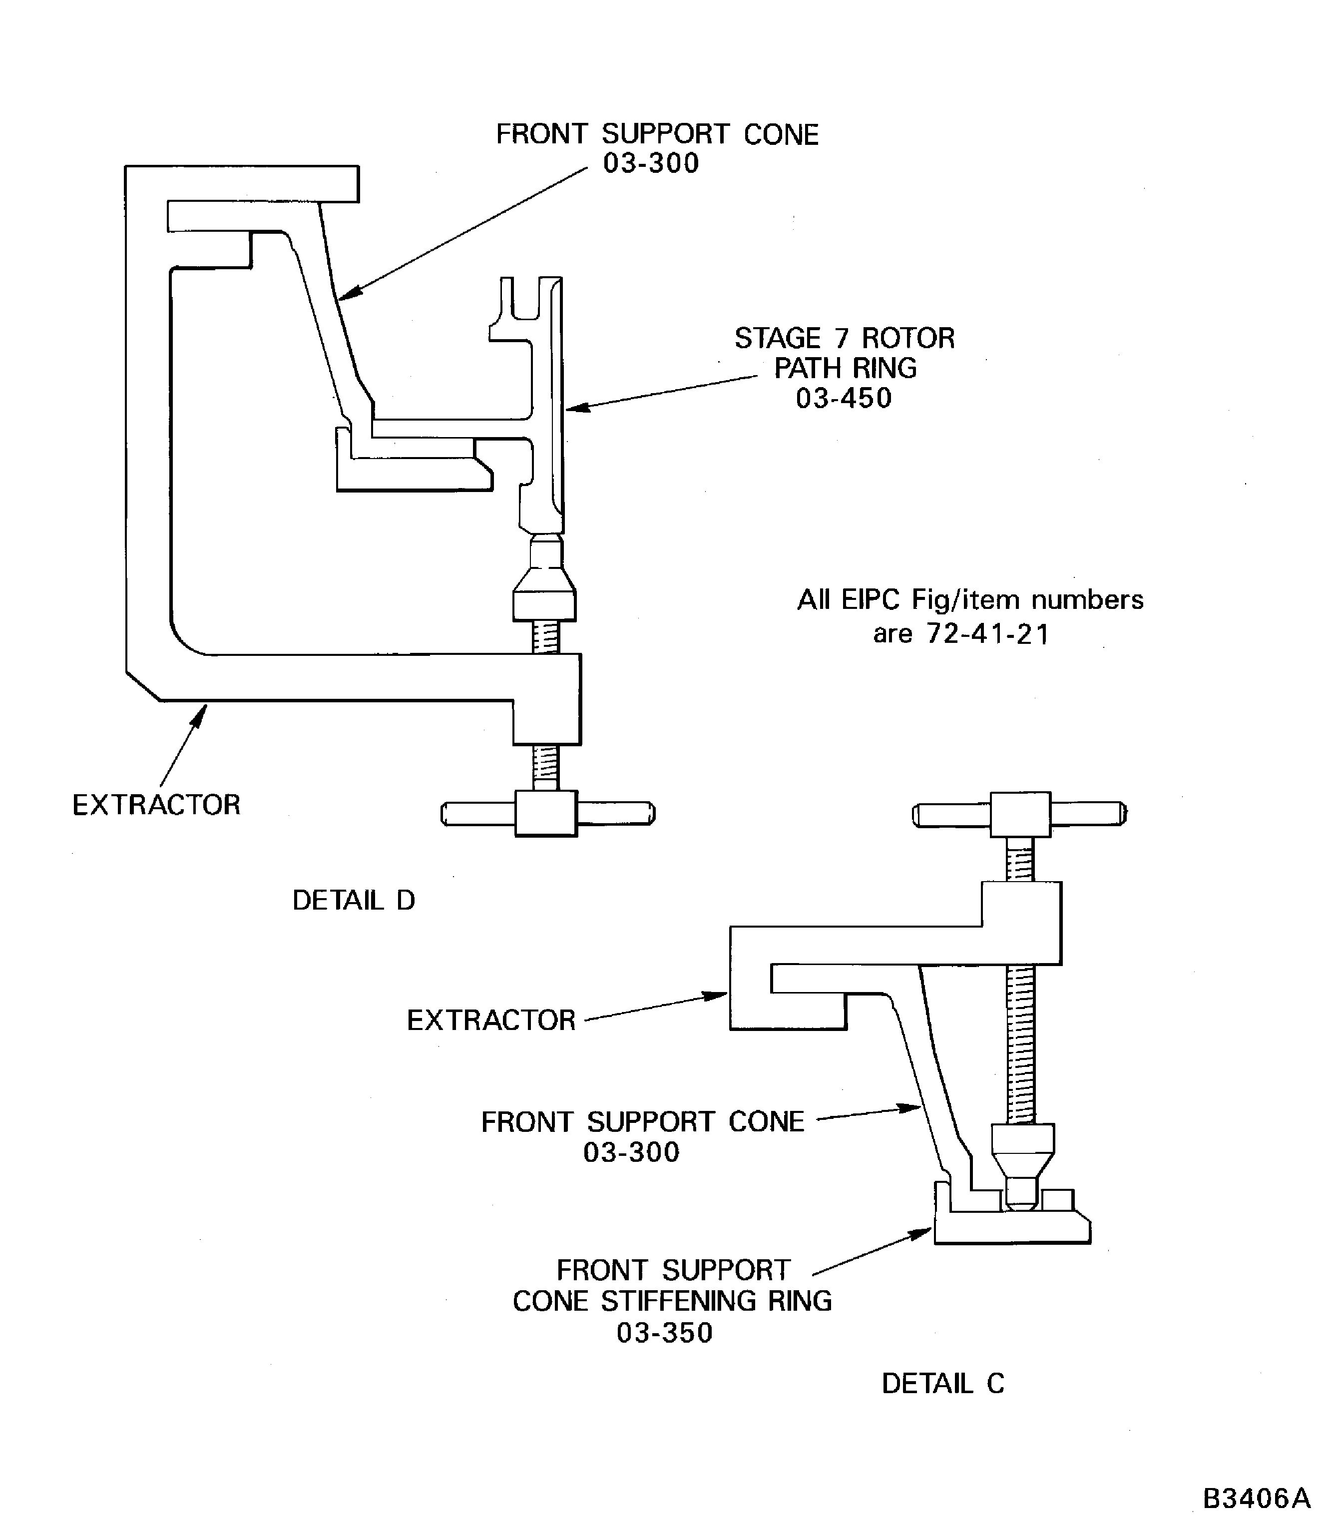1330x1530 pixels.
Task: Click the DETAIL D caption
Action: click(x=353, y=901)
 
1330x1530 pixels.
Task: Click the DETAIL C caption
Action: click(x=942, y=1383)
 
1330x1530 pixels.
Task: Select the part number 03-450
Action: click(x=844, y=399)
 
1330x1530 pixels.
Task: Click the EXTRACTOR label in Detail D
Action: click(x=157, y=805)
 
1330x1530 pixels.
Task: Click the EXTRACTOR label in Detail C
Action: click(x=491, y=1020)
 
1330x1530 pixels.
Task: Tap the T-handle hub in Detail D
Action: click(x=546, y=814)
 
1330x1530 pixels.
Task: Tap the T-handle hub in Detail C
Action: click(x=1020, y=814)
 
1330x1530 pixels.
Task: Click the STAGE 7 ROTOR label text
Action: click(x=845, y=339)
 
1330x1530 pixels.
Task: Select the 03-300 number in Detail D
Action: click(x=651, y=163)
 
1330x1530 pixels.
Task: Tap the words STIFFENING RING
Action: click(x=716, y=1301)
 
